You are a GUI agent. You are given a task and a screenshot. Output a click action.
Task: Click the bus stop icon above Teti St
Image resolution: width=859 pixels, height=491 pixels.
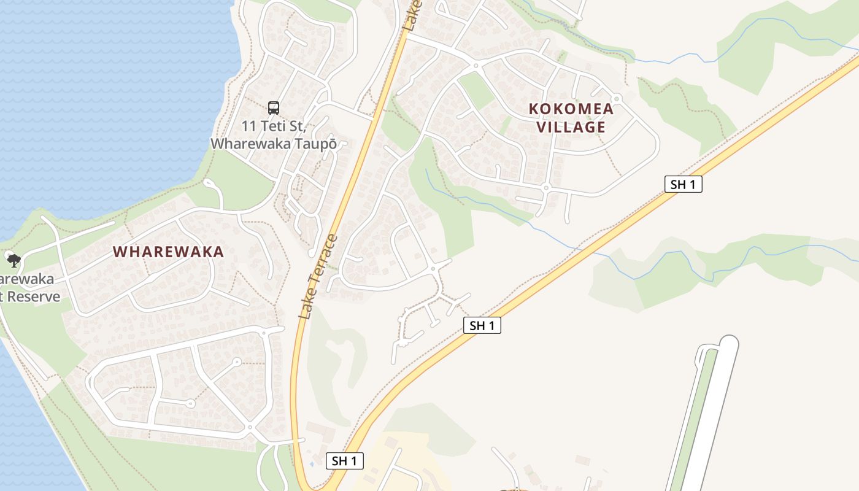[273, 108]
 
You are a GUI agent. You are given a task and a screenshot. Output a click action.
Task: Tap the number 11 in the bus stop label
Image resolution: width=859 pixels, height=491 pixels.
[248, 126]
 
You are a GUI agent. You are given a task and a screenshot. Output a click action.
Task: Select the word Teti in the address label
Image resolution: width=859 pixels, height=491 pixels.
[274, 126]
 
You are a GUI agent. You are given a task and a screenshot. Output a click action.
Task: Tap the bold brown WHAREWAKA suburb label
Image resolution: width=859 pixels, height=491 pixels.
[169, 252]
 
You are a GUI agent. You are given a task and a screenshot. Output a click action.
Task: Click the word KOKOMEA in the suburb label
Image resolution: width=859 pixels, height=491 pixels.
[571, 109]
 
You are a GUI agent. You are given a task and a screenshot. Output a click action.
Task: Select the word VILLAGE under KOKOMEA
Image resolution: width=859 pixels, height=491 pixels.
[571, 127]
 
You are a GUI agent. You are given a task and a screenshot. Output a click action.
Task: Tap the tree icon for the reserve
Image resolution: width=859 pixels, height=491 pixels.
[13, 260]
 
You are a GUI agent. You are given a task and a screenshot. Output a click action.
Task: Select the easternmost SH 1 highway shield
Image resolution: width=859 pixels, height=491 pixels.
[683, 184]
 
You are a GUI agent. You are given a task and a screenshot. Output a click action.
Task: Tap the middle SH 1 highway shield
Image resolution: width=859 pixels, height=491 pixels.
[482, 325]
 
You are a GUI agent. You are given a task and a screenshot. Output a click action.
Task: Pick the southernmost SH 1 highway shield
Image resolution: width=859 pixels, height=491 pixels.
[344, 461]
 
